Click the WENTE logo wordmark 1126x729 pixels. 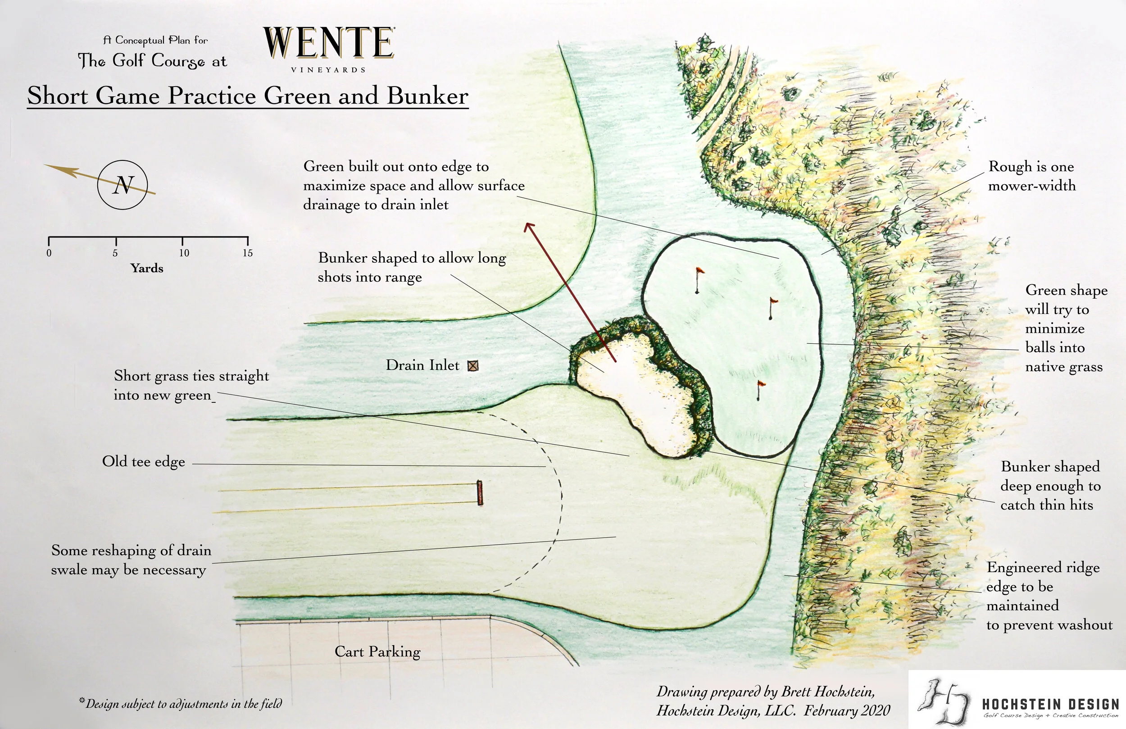(x=329, y=43)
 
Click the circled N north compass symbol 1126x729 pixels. (x=123, y=185)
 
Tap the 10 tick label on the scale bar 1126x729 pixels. (x=184, y=253)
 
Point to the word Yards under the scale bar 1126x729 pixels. (x=147, y=269)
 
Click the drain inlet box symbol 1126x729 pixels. (x=472, y=365)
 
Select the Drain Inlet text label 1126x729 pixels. (x=422, y=365)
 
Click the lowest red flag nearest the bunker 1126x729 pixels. (x=760, y=384)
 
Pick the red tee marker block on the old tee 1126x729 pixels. (x=480, y=493)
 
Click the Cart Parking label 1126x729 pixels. (x=377, y=652)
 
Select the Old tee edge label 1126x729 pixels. (x=143, y=461)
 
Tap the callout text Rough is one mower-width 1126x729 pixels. (x=1031, y=176)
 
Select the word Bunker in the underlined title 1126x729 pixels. (x=427, y=96)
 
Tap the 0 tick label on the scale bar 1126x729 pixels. (x=49, y=253)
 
